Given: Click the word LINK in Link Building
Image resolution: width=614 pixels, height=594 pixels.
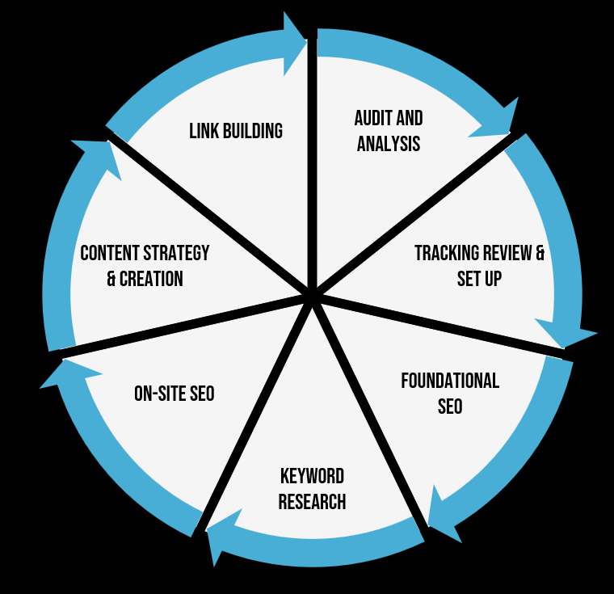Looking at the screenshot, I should pos(204,131).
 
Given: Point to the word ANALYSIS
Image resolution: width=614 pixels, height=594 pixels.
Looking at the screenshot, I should pos(389,145).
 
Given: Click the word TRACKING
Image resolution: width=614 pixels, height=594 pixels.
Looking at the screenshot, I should pos(447,253).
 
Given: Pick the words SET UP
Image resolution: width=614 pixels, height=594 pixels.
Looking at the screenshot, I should pos(480,279).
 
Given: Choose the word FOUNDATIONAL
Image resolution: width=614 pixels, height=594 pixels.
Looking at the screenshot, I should pos(450,380).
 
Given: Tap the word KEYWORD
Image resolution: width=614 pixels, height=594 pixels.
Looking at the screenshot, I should pos(312,475).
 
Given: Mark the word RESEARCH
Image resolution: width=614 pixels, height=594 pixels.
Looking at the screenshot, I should pos(312,502).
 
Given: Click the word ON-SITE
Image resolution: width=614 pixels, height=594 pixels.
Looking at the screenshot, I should pos(158,394).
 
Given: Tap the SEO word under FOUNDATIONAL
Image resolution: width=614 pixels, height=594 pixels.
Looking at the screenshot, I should pos(450,406).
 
